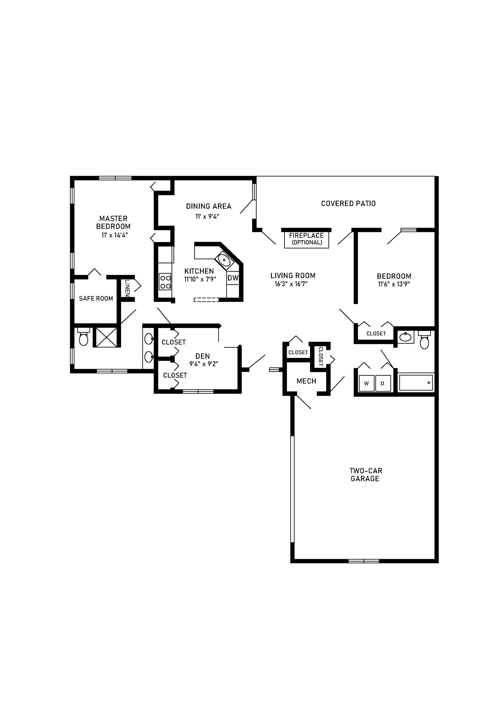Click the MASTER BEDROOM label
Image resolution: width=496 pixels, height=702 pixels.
pyautogui.click(x=113, y=222)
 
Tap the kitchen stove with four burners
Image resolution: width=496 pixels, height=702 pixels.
pyautogui.click(x=165, y=282)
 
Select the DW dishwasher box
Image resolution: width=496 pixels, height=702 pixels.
pyautogui.click(x=233, y=278)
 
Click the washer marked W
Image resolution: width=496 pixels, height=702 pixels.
pyautogui.click(x=366, y=383)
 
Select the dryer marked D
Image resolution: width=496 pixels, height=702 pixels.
pyautogui.click(x=383, y=383)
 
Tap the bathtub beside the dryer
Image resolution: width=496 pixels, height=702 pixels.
pyautogui.click(x=416, y=383)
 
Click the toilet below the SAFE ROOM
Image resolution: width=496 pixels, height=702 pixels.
pyautogui.click(x=83, y=337)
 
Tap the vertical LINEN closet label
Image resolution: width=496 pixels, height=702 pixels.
pyautogui.click(x=127, y=288)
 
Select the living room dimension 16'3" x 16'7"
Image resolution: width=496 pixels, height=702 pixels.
pyautogui.click(x=291, y=284)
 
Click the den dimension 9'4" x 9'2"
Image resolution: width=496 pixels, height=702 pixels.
pyautogui.click(x=204, y=364)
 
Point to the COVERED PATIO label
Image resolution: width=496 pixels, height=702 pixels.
pyautogui.click(x=348, y=204)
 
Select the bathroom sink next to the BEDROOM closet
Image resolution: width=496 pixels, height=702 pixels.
pyautogui.click(x=405, y=337)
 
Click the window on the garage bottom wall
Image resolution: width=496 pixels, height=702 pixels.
pyautogui.click(x=364, y=561)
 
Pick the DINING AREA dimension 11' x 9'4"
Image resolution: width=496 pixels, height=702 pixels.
pyautogui.click(x=207, y=216)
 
